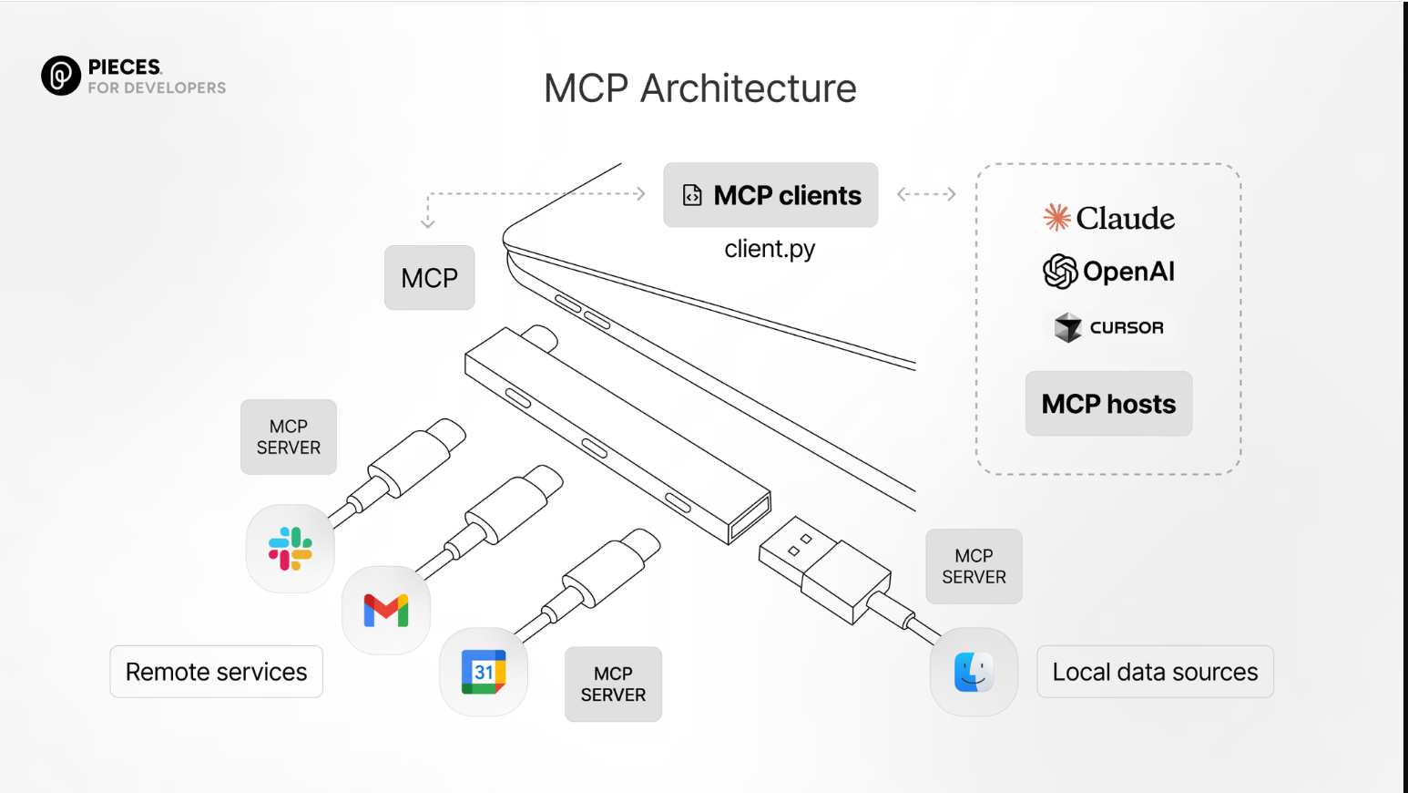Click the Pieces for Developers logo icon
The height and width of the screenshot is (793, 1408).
[x=61, y=76]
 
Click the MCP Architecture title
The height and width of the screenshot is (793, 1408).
[x=699, y=88]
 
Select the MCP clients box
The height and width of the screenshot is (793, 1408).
[x=770, y=195]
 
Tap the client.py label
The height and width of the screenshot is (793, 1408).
[x=770, y=249]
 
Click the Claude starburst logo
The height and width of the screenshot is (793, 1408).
[x=1056, y=218]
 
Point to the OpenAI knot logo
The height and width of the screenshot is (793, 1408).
[x=1060, y=272]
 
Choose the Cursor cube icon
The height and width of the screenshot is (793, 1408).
[x=1067, y=327]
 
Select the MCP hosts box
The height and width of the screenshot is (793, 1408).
[x=1108, y=404]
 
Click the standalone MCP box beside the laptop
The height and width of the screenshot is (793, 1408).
[x=429, y=278]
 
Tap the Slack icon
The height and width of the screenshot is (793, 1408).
[x=291, y=549]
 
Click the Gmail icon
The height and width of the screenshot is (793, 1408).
[x=386, y=610]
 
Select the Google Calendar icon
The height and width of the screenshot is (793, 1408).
[x=484, y=672]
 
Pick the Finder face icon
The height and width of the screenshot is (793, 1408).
[x=974, y=672]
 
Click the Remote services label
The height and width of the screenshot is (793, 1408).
[x=216, y=672]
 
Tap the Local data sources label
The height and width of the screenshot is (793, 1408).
[x=1155, y=672]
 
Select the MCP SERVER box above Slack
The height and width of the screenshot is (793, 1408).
[x=289, y=438]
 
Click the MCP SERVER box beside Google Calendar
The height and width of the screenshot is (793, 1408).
[x=613, y=685]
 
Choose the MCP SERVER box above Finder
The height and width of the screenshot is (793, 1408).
[x=974, y=566]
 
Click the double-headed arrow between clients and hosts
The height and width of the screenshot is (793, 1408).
[x=926, y=194]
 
